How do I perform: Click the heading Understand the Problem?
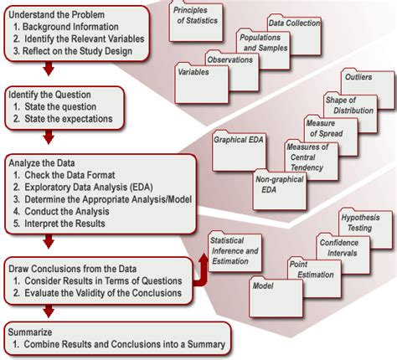57,14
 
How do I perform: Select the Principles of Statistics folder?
196,23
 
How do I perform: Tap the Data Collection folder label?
294,23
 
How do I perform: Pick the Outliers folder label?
358,77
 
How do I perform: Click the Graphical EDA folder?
239,151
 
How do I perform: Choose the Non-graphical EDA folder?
280,190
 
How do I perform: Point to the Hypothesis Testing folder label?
360,223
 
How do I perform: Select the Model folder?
276,297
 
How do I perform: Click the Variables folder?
202,83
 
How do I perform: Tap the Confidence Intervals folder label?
339,248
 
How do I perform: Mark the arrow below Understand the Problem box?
49,69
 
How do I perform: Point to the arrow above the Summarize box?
49,311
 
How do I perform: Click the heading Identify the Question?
49,95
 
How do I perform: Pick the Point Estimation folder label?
312,270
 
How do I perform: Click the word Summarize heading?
30,332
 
